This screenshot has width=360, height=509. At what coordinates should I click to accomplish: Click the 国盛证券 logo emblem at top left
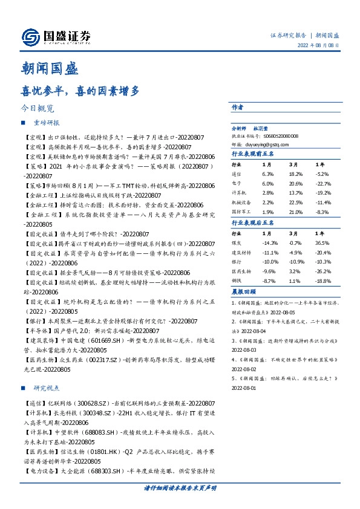(30, 37)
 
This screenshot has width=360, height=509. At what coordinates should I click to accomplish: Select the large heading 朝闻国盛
(47, 69)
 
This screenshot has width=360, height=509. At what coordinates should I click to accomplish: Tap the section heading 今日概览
(38, 109)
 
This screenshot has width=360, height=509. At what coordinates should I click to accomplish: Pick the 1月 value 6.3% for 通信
(268, 172)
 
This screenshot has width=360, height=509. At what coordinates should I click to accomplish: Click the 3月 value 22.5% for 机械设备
(296, 203)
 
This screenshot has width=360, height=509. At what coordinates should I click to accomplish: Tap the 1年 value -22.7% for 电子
(324, 183)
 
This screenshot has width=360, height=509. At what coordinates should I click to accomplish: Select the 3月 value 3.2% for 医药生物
(295, 271)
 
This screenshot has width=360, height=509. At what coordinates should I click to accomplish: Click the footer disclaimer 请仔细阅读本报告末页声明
(180, 487)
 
